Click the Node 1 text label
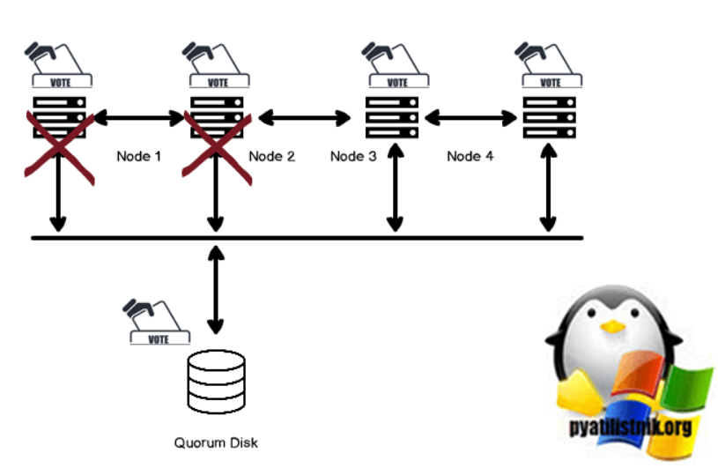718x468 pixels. [x=139, y=157]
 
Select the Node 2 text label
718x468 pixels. [x=272, y=157]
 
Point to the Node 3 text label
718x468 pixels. [x=353, y=157]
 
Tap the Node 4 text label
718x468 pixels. [x=464, y=157]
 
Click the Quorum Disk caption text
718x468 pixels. [x=217, y=442]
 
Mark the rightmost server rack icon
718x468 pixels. [x=550, y=116]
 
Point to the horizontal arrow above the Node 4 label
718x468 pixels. [x=471, y=116]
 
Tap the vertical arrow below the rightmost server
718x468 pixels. [x=550, y=189]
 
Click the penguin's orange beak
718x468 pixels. [x=609, y=325]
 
